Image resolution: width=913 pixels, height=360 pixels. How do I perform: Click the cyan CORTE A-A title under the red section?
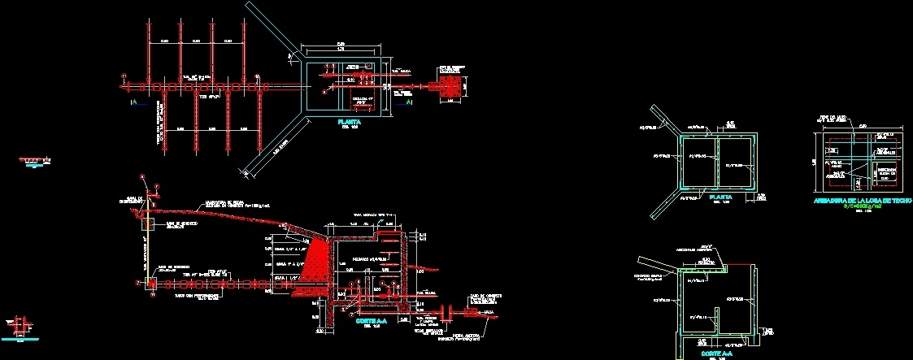[372, 321]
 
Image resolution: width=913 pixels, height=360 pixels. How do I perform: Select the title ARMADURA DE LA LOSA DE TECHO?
[863, 200]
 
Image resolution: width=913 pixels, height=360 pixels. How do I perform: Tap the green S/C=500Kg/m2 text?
[863, 206]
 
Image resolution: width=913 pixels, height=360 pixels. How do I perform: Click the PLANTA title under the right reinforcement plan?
[720, 197]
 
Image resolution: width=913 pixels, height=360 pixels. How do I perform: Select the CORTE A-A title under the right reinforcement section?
[718, 353]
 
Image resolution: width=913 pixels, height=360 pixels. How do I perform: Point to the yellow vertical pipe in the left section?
[148, 252]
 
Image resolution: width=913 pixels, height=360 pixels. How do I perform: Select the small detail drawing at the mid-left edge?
[33, 163]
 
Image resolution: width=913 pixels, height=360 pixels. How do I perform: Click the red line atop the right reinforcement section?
[737, 265]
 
